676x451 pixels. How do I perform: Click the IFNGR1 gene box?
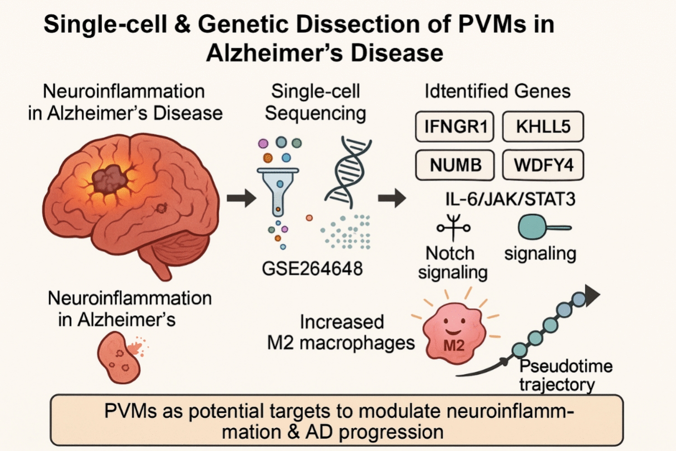click(455, 126)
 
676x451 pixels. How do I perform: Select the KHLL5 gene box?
click(543, 126)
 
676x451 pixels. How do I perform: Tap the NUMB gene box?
click(455, 165)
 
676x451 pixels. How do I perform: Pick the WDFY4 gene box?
click(543, 165)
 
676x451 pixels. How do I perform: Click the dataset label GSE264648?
click(312, 269)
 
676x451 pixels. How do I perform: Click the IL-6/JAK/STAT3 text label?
click(510, 199)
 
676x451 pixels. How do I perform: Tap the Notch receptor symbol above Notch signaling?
click(453, 227)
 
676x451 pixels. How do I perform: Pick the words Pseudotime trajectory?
click(564, 375)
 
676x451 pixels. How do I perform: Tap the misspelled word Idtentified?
click(457, 91)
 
